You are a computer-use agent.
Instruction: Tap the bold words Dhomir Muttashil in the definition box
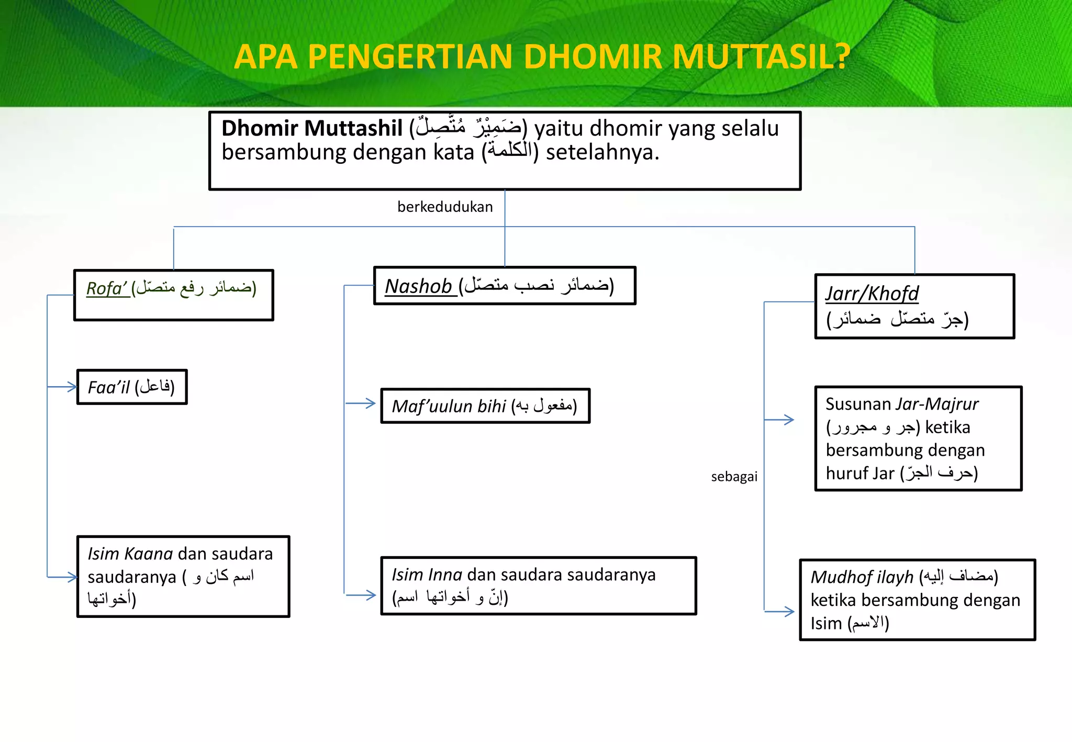tap(312, 128)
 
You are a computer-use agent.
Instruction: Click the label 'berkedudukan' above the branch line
tap(445, 207)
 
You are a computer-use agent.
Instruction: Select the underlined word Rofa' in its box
tap(107, 288)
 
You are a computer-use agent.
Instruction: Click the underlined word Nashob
tap(418, 286)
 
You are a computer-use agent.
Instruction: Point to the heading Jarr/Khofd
tap(872, 294)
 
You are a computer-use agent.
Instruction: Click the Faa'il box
tap(132, 387)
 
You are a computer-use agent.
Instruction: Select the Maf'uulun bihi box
tap(485, 406)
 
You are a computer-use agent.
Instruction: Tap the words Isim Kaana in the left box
tap(130, 554)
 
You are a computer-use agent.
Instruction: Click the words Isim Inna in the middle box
tap(427, 575)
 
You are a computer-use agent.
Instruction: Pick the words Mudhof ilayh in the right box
tap(862, 577)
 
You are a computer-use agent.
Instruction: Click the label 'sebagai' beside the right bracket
tap(734, 477)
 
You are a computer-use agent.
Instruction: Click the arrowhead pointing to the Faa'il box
tap(72, 387)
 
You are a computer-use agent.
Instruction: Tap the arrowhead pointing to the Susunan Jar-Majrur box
tap(789, 420)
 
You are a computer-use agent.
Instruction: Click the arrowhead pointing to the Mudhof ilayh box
tap(789, 611)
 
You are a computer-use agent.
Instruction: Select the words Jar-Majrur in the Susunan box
tap(937, 404)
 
